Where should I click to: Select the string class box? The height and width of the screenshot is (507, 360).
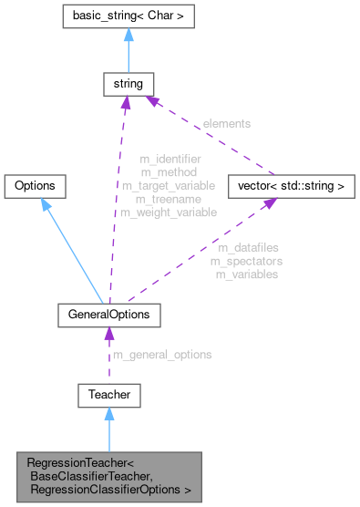125,85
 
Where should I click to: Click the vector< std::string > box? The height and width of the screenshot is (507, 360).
287,186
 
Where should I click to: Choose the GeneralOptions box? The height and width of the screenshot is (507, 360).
109,315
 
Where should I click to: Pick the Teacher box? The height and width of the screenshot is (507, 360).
109,395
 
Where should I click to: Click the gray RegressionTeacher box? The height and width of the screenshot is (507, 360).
109,476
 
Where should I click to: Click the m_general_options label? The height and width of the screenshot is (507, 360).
161,355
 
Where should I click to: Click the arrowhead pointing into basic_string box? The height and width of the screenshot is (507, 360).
125,34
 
